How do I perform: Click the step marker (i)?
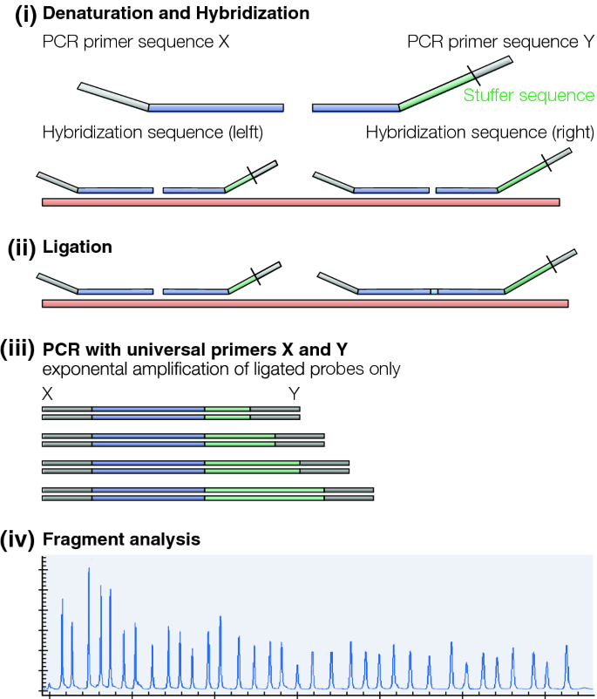point(20,15)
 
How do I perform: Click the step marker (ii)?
point(20,247)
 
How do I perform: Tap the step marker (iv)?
point(20,540)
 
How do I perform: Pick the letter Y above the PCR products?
point(295,393)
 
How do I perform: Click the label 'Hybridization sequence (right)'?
point(479,132)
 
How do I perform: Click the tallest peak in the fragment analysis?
point(89,571)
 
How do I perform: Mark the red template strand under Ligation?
point(305,302)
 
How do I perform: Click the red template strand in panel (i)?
point(301,201)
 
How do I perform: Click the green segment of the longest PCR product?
point(264,494)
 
